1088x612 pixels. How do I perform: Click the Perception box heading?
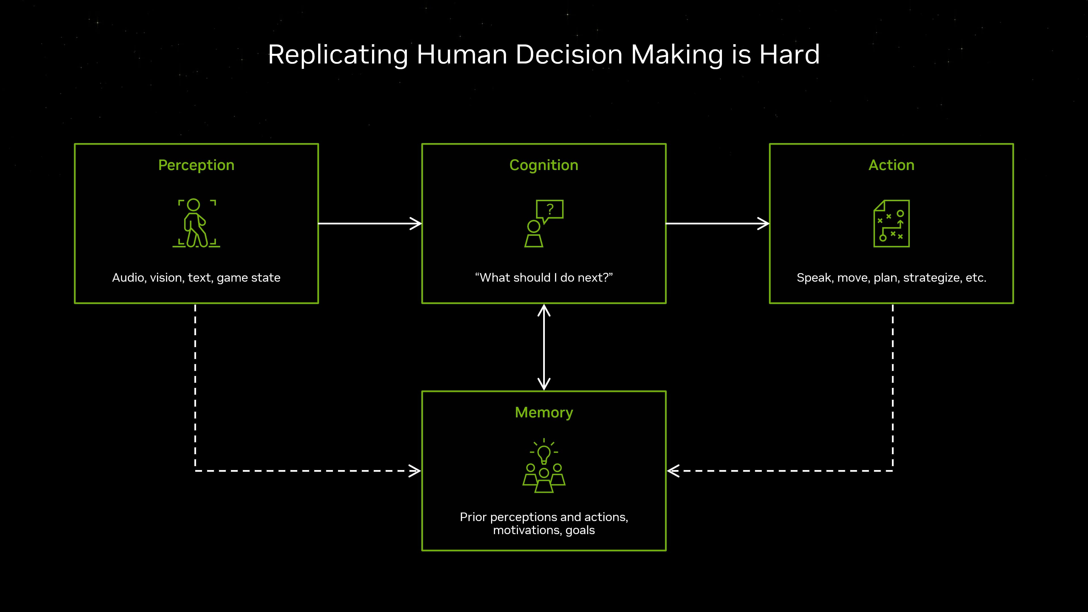[196, 165]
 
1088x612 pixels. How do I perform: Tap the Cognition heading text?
[544, 165]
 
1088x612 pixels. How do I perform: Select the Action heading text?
[891, 165]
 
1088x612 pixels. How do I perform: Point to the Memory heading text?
[544, 412]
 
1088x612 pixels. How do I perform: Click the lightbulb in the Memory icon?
[544, 454]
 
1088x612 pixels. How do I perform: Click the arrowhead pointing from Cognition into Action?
[764, 224]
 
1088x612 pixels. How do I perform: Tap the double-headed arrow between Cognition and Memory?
[544, 347]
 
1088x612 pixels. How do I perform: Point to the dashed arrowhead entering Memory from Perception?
[415, 471]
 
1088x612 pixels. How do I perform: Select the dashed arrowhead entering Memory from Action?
[673, 471]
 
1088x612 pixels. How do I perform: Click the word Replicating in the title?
[338, 55]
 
